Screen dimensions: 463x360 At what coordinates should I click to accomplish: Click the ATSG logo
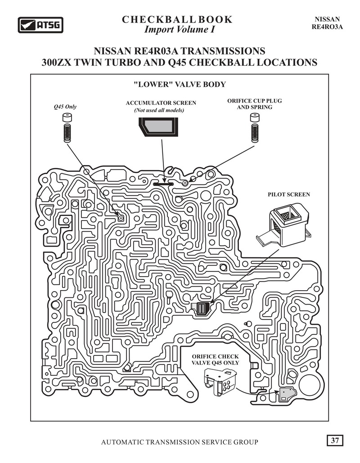(40, 25)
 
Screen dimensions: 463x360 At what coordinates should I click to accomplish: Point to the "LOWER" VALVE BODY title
(179, 85)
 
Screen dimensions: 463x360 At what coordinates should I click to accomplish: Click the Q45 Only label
(65, 107)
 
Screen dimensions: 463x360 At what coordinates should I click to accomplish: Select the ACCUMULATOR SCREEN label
(161, 103)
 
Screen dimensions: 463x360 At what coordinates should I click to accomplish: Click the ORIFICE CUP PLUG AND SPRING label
(255, 104)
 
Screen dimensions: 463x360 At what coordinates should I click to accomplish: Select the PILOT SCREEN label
(289, 195)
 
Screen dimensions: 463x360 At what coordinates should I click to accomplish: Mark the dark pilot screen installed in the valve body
(202, 309)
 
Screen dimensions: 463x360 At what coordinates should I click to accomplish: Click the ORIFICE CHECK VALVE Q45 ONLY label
(216, 360)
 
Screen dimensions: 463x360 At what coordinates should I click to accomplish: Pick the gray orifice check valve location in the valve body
(286, 395)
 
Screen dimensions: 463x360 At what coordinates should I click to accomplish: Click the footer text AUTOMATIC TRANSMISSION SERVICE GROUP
(180, 442)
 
